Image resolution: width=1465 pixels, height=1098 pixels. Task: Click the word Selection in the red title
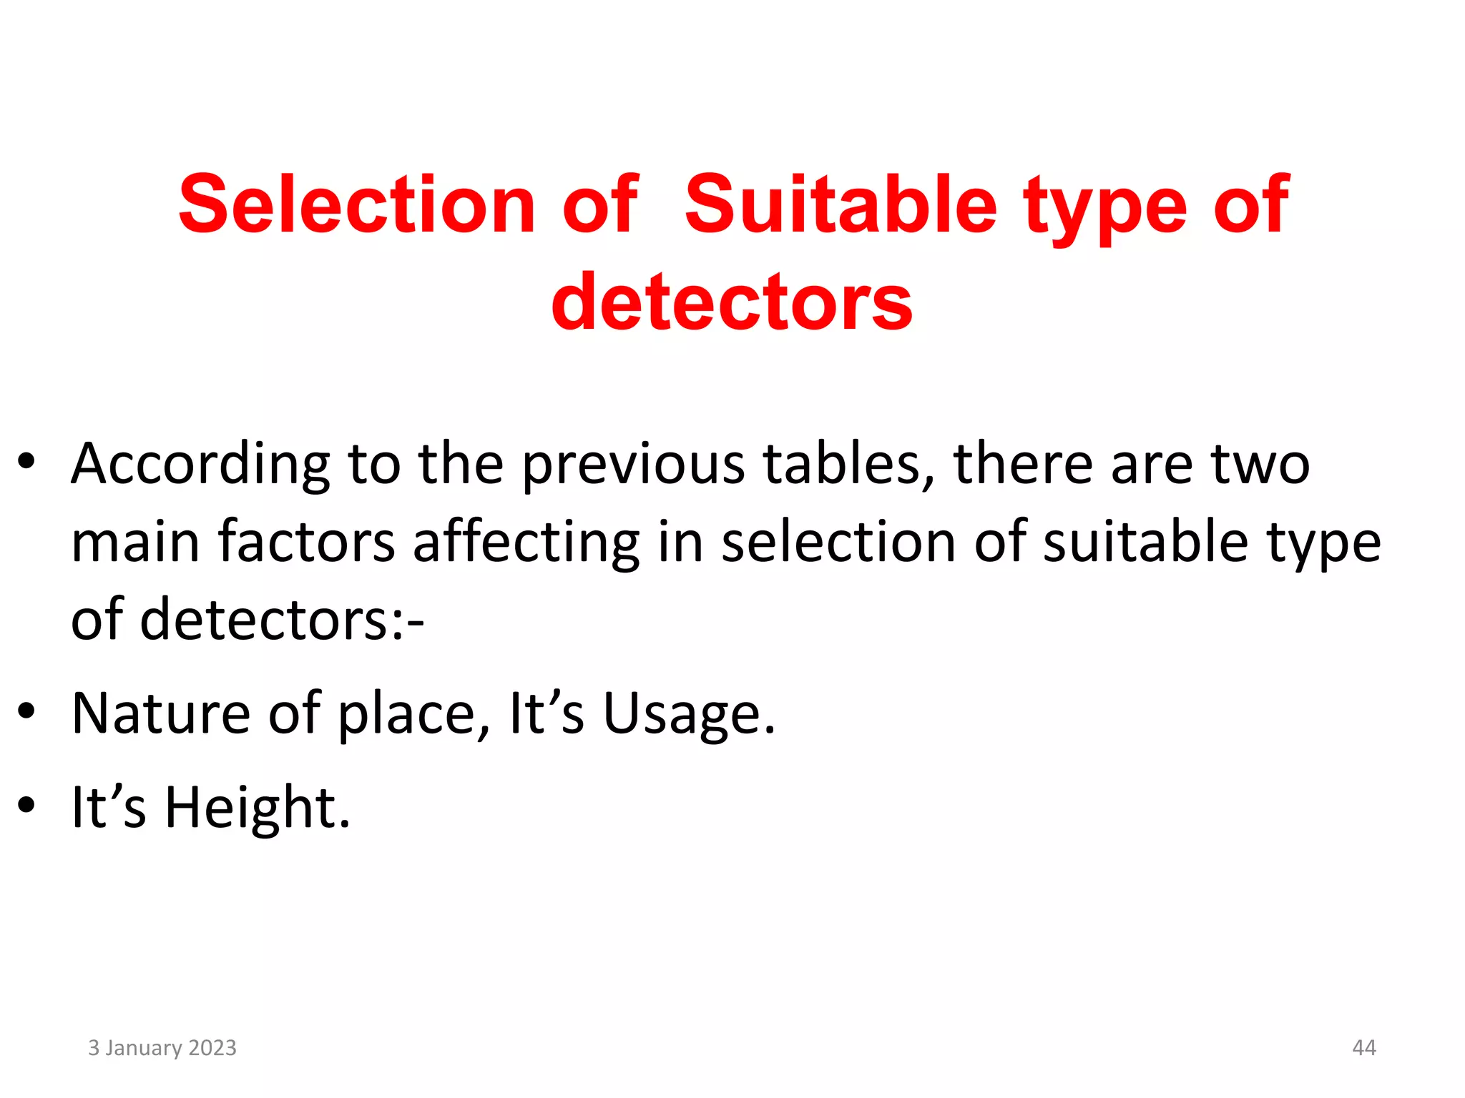click(x=357, y=205)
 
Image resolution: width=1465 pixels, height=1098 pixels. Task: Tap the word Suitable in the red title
click(x=840, y=205)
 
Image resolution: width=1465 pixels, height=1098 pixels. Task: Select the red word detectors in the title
click(x=732, y=303)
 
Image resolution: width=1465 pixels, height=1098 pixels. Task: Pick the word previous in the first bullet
click(x=633, y=465)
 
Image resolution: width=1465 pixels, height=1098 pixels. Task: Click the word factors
click(x=306, y=541)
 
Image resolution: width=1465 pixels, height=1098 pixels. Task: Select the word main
click(x=135, y=543)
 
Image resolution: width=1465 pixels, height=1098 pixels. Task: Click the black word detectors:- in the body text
click(x=282, y=620)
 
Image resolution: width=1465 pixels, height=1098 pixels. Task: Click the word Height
click(x=258, y=808)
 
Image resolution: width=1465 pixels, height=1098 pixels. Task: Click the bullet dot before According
click(x=26, y=462)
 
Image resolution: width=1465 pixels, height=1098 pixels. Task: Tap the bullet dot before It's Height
click(x=26, y=805)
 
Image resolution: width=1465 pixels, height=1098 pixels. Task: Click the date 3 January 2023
click(x=162, y=1047)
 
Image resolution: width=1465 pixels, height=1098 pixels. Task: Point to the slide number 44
click(x=1363, y=1047)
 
